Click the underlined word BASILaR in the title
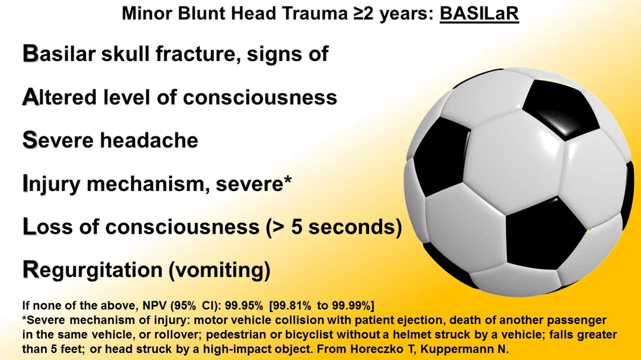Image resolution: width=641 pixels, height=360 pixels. (479, 14)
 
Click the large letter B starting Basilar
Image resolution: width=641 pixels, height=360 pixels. (30, 53)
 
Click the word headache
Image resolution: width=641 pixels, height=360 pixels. (149, 140)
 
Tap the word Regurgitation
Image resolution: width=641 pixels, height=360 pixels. (93, 270)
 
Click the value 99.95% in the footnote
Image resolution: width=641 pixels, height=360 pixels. (244, 305)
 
